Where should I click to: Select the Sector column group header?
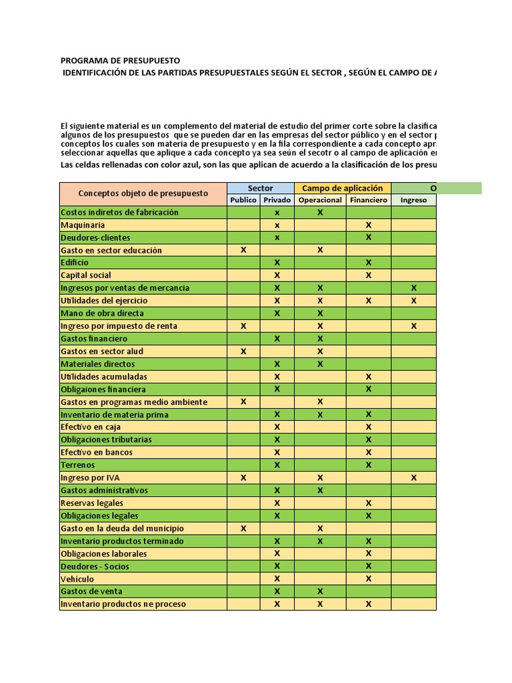click(x=260, y=188)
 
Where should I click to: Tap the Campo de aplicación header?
click(x=343, y=188)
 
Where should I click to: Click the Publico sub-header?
click(x=243, y=200)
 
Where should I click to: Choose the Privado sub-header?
click(x=277, y=200)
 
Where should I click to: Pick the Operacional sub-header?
click(x=320, y=200)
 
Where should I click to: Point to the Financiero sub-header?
click(x=368, y=200)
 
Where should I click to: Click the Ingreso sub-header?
click(x=413, y=200)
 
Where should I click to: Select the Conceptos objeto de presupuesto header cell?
click(x=143, y=193)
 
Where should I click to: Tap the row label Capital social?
click(x=86, y=275)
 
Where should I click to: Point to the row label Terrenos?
click(x=78, y=465)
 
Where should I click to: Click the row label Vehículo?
click(x=77, y=579)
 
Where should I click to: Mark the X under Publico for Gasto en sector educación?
click(x=243, y=250)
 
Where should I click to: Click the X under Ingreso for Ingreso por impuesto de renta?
click(x=413, y=326)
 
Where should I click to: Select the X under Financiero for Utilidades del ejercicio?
click(x=368, y=301)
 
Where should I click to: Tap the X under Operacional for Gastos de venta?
click(x=320, y=592)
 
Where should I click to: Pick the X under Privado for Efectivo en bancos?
click(x=277, y=452)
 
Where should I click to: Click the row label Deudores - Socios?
click(x=95, y=566)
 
